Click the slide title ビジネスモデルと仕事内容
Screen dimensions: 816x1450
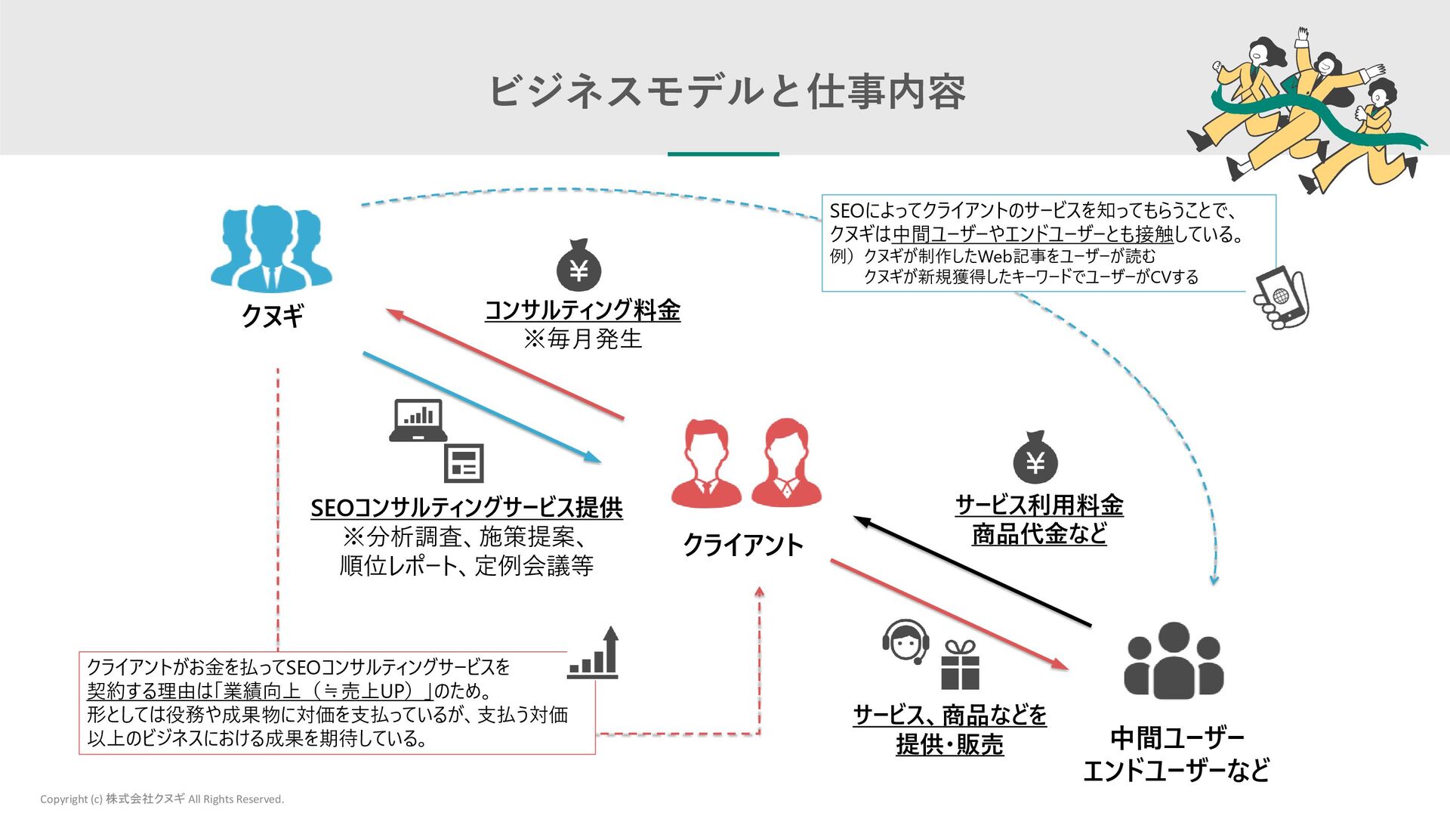coord(727,91)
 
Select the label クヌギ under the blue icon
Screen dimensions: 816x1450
coord(273,315)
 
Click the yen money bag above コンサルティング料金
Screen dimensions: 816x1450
coord(579,266)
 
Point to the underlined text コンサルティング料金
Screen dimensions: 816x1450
coord(582,310)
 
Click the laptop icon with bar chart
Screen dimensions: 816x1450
coord(418,420)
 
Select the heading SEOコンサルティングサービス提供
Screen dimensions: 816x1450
coord(467,507)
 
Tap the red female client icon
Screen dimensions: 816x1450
coord(786,462)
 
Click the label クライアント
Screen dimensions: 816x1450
coord(742,545)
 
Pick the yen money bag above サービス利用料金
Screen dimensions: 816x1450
coord(1035,458)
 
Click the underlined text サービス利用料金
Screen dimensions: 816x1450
coord(1039,504)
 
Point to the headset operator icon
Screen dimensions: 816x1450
coord(906,641)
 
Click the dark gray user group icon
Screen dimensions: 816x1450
coord(1173,660)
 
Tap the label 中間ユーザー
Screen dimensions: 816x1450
coord(1177,737)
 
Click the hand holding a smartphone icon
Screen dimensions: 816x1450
coord(1281,298)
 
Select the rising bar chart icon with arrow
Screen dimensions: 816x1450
coord(594,654)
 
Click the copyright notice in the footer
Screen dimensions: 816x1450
coord(162,799)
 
